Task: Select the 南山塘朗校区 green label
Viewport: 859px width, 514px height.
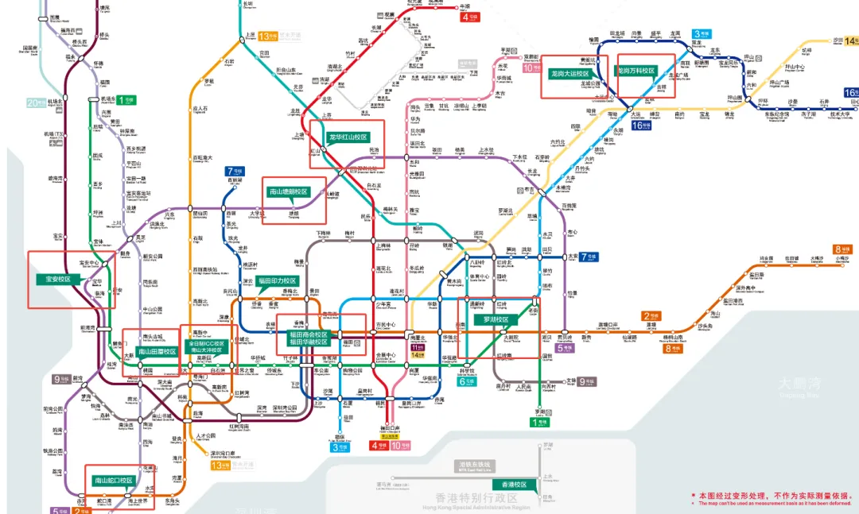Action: pyautogui.click(x=287, y=191)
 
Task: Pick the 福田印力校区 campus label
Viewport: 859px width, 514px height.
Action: pyautogui.click(x=277, y=280)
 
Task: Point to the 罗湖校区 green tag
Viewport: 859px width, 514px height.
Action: pyautogui.click(x=496, y=319)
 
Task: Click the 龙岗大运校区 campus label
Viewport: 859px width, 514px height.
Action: pyautogui.click(x=569, y=72)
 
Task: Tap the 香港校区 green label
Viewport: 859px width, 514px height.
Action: pyautogui.click(x=510, y=485)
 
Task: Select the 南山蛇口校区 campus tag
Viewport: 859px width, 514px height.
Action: pyautogui.click(x=113, y=480)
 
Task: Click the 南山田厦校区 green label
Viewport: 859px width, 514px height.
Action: pyautogui.click(x=157, y=351)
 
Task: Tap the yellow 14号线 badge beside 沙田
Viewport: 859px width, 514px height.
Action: pyautogui.click(x=851, y=40)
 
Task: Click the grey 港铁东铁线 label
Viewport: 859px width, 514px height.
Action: pyautogui.click(x=475, y=464)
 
